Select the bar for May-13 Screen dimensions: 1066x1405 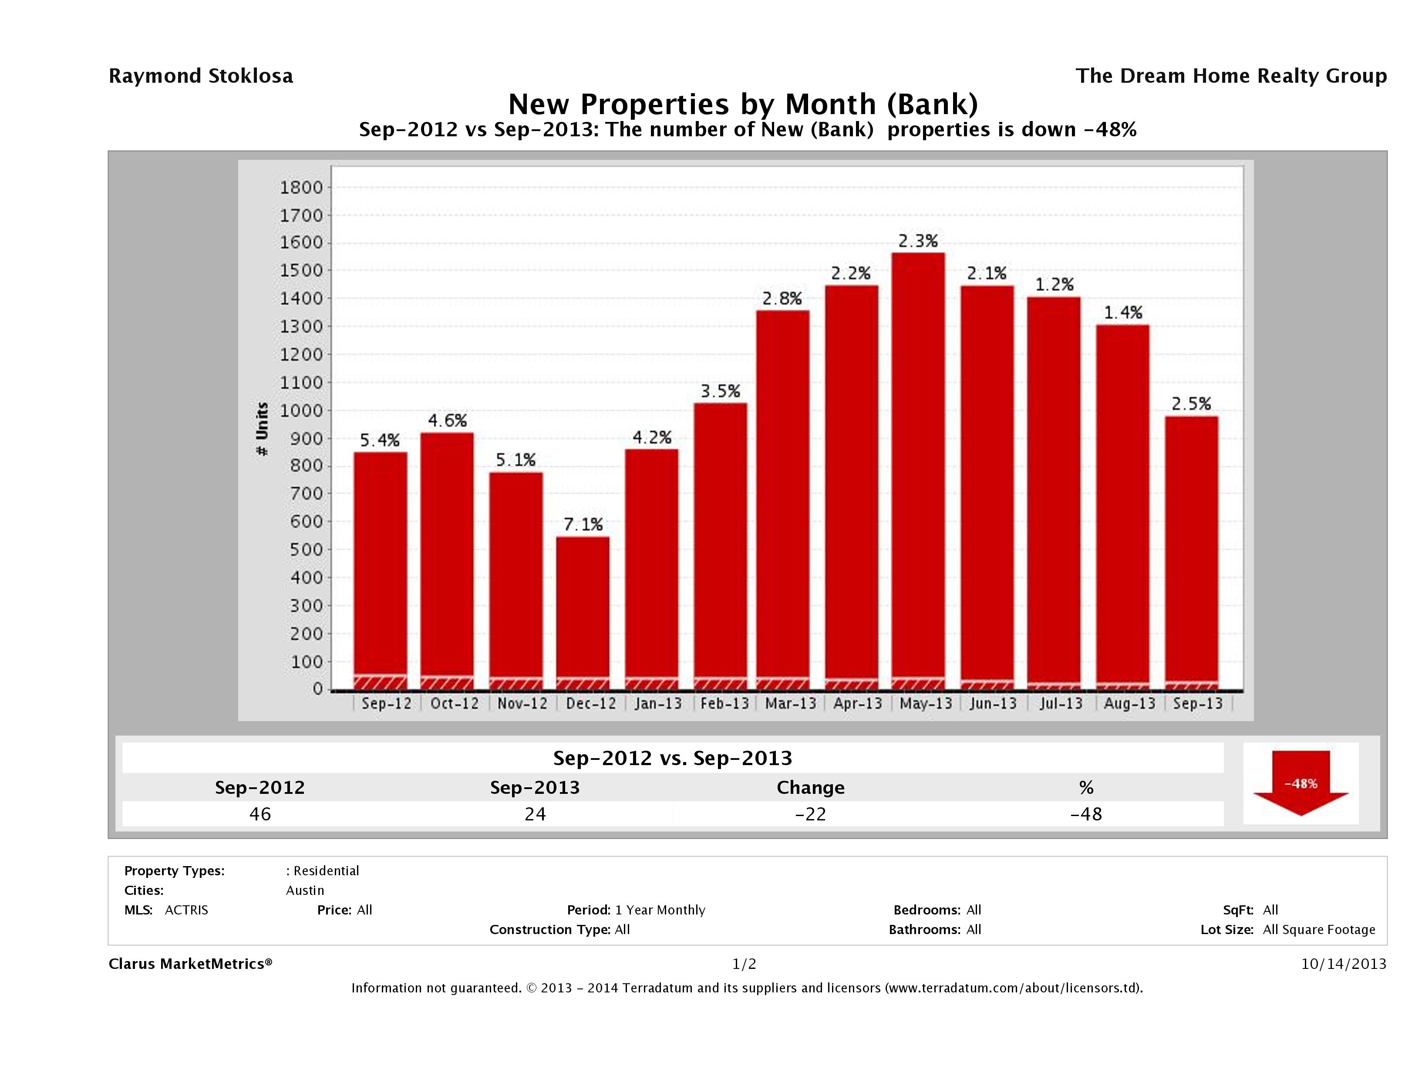coord(918,470)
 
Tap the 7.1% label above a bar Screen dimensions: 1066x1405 coord(583,525)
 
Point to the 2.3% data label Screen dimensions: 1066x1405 coord(918,241)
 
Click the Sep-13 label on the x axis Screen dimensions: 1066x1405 coord(1197,704)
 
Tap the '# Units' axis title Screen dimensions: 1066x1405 coord(262,429)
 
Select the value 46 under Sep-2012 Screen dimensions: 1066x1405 coord(260,814)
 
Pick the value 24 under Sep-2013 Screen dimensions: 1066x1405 coord(535,814)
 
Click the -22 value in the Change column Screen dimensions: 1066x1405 coord(811,814)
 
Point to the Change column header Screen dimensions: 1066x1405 coord(811,788)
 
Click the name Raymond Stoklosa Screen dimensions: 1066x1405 coord(201,76)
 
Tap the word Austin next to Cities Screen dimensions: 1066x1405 coord(305,891)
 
